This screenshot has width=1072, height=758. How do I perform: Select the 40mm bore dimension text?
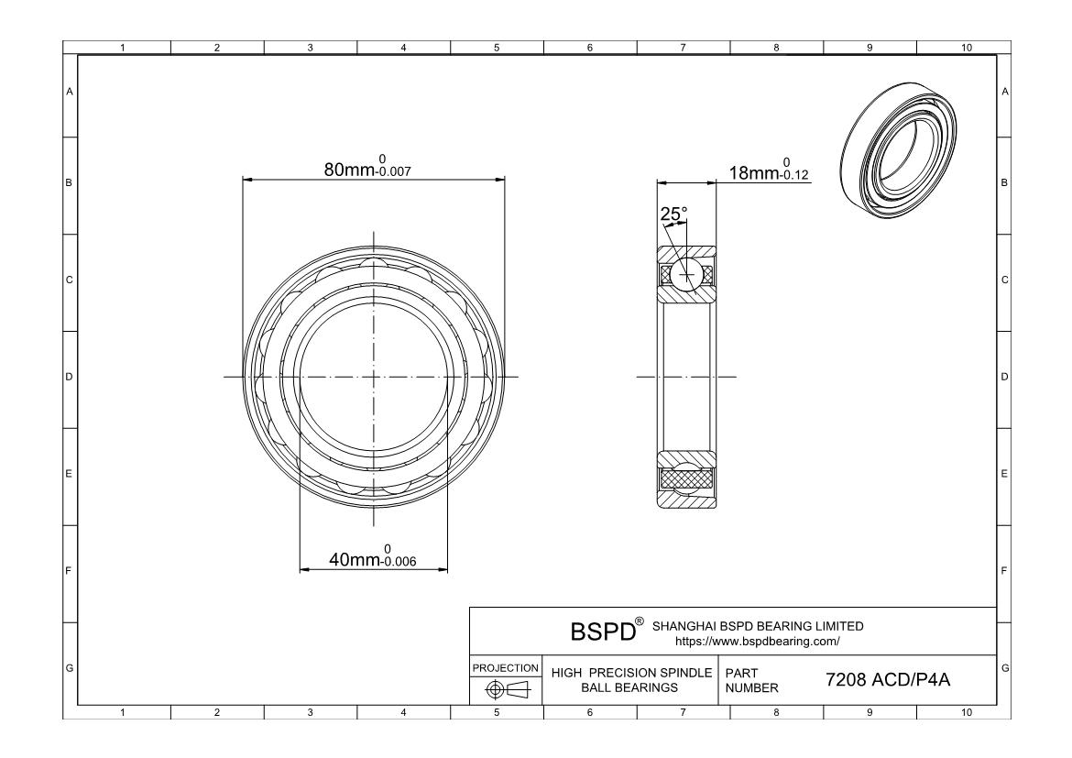click(373, 556)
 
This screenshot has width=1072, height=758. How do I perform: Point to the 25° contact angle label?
click(673, 214)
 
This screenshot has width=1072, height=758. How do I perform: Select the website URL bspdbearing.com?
click(758, 642)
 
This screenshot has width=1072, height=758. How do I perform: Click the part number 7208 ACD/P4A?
click(888, 679)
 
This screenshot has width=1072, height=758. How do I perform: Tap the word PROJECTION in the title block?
click(505, 667)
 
